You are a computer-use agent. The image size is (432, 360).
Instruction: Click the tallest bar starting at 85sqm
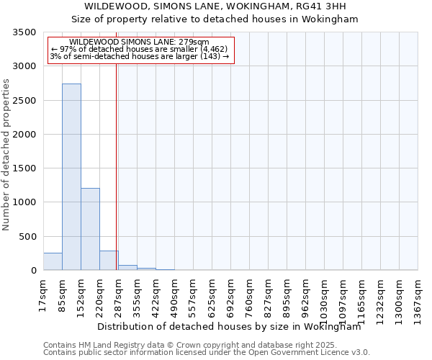(71, 176)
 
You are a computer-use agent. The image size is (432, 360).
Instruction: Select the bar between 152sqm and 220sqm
(90, 229)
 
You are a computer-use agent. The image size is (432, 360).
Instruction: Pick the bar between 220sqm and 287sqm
(109, 261)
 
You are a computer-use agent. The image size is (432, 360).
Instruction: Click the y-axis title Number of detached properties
(7, 156)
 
